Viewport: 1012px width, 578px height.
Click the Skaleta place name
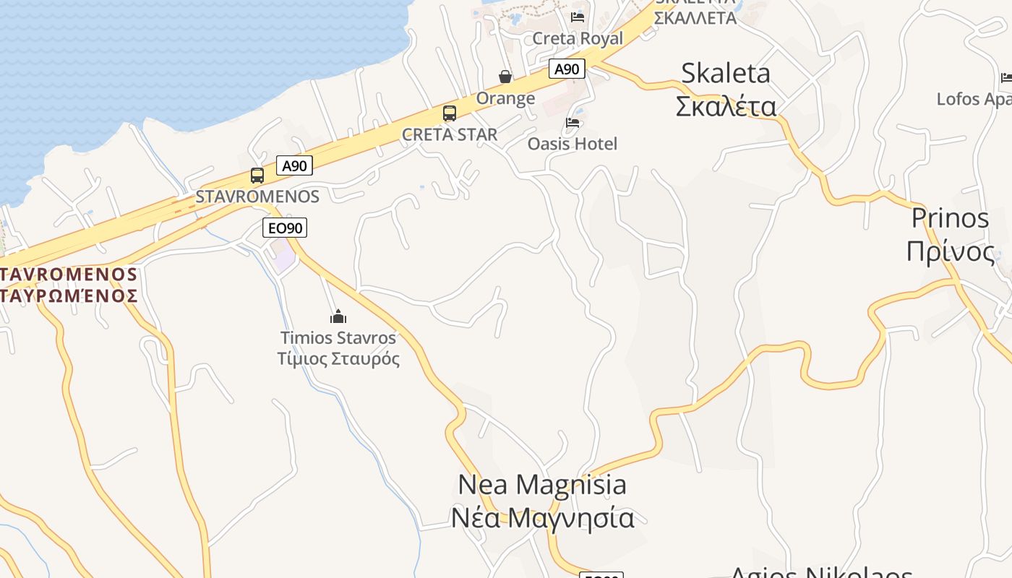pos(726,73)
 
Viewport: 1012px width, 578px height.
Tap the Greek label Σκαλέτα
pos(726,106)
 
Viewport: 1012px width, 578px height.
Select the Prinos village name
pos(950,218)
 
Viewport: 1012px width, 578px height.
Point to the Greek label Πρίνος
pos(950,251)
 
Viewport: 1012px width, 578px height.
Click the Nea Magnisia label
pos(542,484)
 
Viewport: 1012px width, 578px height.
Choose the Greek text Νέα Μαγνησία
pos(542,518)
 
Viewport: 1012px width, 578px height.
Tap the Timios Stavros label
pos(338,337)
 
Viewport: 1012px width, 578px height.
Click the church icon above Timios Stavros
pos(338,316)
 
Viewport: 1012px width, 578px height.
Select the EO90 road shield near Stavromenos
pos(285,228)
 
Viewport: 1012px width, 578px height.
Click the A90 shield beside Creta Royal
pos(567,69)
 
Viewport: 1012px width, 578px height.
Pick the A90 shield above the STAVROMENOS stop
pos(294,165)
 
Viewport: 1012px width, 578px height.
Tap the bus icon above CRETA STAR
pos(450,113)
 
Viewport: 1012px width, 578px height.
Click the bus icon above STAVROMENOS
pos(257,175)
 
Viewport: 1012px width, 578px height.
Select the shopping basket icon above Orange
pos(505,77)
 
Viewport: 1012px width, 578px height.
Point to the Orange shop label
pos(505,98)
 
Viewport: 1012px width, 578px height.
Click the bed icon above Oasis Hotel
pos(573,123)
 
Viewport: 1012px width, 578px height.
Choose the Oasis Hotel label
pos(573,144)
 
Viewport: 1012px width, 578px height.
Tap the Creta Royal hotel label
pos(577,38)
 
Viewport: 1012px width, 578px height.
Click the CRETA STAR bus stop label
pos(450,134)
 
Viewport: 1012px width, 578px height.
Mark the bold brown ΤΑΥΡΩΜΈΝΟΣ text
pos(69,296)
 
